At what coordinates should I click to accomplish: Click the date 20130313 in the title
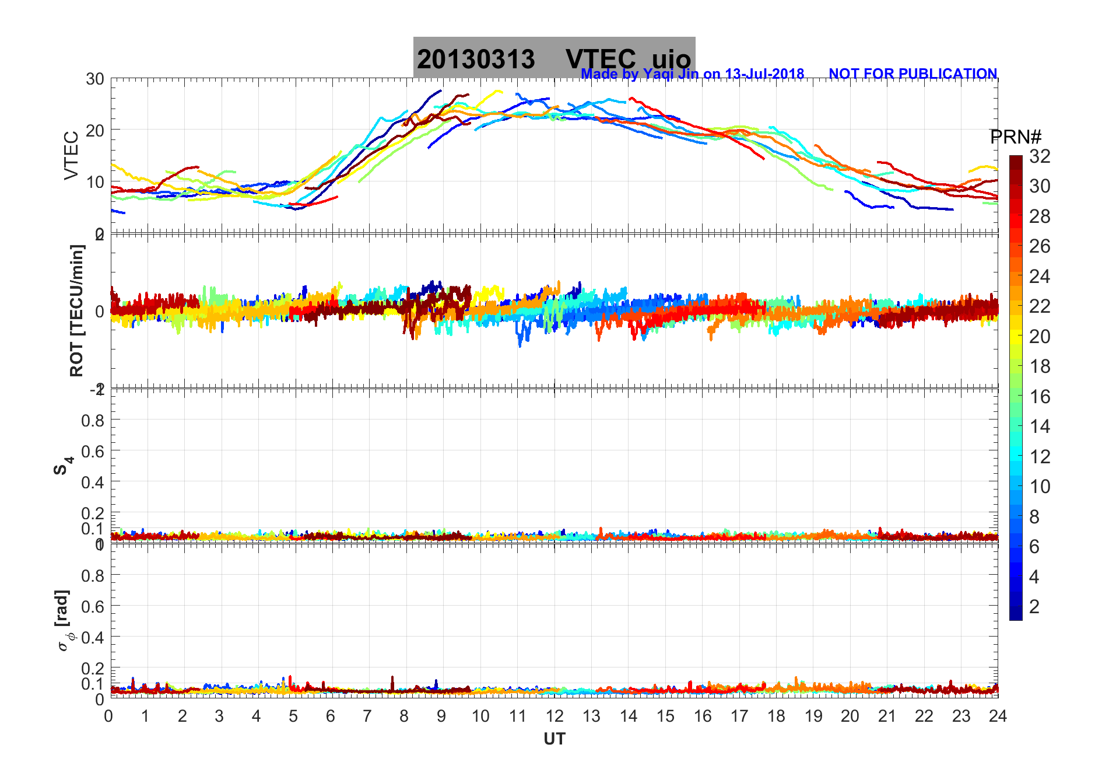coord(475,60)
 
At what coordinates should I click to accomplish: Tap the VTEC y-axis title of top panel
coord(71,156)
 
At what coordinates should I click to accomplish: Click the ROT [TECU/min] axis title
coord(77,310)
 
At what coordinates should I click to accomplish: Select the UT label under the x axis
coord(554,739)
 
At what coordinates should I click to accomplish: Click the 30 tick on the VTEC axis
coord(95,79)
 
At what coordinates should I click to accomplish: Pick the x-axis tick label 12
coord(554,716)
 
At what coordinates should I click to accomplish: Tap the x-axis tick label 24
coord(998,716)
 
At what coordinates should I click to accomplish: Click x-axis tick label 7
coord(367,716)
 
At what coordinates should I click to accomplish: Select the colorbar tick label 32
coord(1040,156)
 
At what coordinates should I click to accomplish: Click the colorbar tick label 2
coord(1034,607)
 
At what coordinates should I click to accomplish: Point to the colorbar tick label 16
coord(1040,397)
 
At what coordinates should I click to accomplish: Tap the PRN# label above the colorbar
coord(1016,137)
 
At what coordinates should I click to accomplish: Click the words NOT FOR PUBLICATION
coord(913,74)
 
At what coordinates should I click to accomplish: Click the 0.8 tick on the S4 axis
coord(93,420)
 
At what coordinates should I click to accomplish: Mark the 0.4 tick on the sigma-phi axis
coord(93,637)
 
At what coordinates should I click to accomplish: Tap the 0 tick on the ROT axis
coord(100,312)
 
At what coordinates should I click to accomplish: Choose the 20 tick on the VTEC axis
coord(95,131)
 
